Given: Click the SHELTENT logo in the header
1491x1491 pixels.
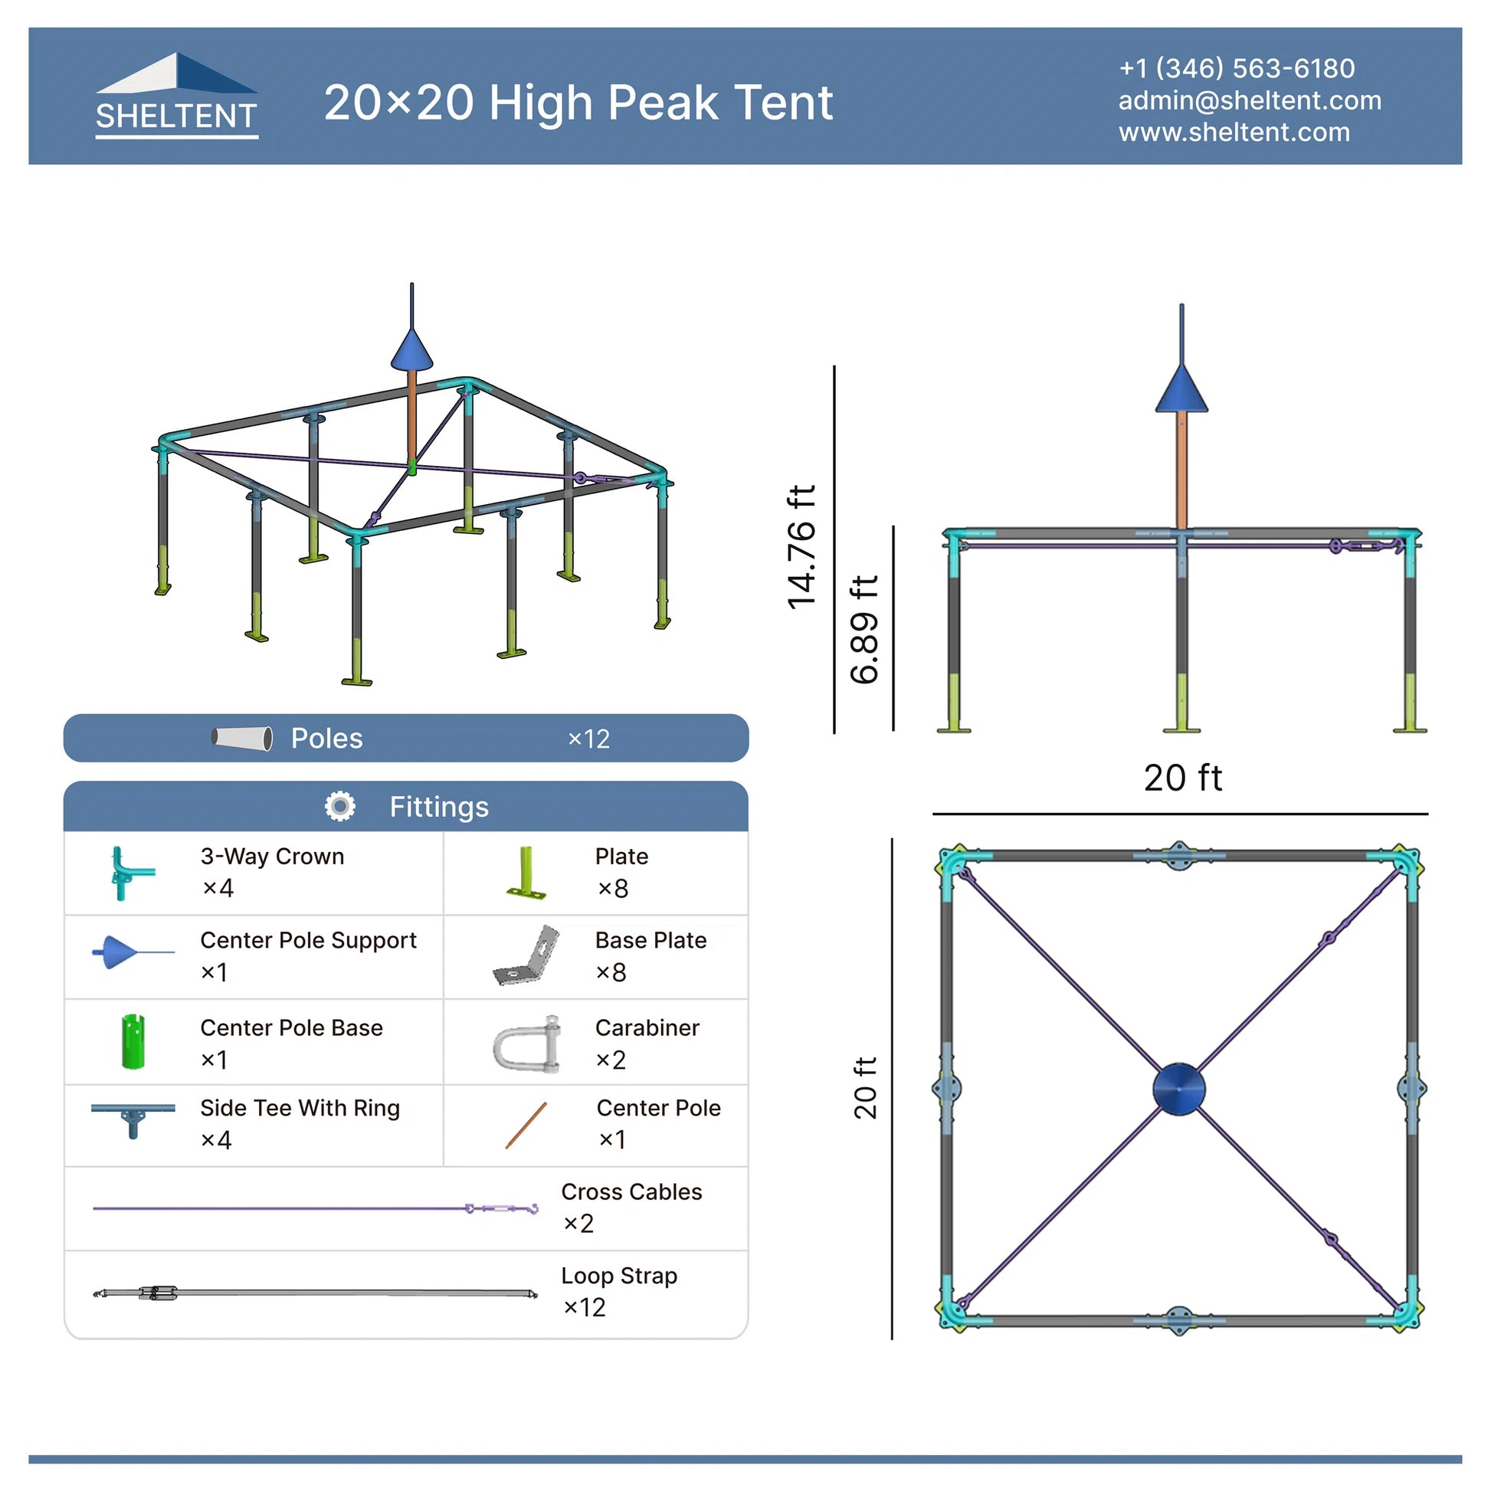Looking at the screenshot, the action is point(177,96).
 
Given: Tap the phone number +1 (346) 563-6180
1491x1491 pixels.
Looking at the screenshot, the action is point(1237,68).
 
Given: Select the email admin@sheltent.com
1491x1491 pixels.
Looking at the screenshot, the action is point(1250,100).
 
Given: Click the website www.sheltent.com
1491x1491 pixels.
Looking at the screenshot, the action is point(1234,132).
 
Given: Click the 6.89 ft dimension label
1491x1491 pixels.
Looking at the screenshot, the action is point(863,629).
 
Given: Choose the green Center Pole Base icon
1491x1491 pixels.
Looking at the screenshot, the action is point(133,1042).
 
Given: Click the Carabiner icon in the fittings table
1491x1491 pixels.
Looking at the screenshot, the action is point(527,1045).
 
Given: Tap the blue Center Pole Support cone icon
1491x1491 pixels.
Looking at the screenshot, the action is point(133,953).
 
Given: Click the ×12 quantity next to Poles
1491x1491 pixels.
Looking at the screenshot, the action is point(589,739).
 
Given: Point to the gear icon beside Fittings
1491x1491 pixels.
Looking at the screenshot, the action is point(340,807).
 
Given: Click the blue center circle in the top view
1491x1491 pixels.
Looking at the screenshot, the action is point(1178,1089).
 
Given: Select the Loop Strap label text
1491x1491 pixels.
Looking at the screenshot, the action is point(619,1276).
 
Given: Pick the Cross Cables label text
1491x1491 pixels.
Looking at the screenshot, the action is point(631,1191).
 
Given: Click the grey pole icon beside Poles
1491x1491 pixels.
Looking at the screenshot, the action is point(242,739).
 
